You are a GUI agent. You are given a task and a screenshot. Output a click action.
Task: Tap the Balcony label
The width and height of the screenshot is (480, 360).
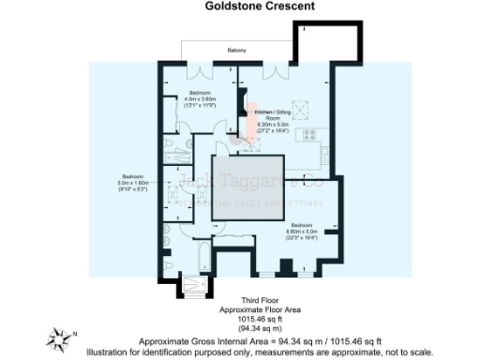[237, 50]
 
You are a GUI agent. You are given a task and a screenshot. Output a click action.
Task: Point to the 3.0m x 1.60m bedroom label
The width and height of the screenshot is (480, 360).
[131, 180]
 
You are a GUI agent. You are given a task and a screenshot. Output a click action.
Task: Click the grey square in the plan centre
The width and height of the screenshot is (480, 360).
[245, 187]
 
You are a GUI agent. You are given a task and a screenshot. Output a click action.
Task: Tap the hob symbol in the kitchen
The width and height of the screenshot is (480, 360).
[309, 136]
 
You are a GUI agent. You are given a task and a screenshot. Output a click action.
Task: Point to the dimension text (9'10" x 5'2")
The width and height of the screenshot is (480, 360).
[131, 191]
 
